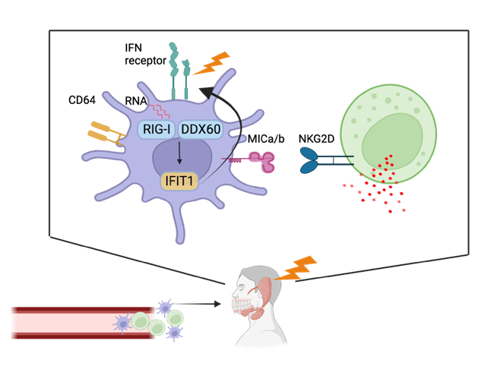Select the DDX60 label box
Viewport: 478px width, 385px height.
201,129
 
